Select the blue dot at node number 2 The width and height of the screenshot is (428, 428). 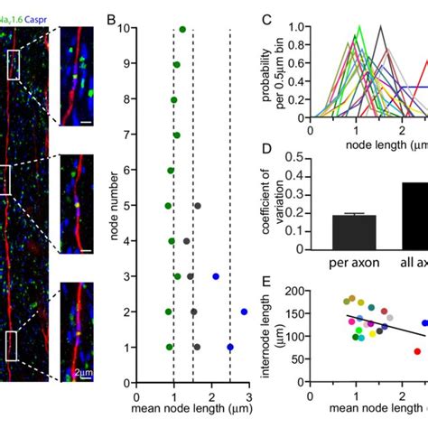tap(244, 312)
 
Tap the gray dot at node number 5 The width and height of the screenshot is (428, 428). tap(198, 206)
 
